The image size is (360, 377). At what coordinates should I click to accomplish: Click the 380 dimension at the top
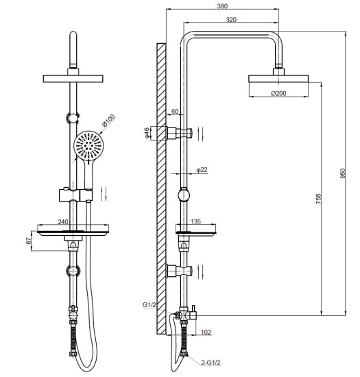(x=221, y=6)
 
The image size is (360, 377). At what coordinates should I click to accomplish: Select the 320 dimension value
(x=231, y=20)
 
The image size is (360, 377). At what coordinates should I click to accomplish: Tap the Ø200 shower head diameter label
(x=278, y=93)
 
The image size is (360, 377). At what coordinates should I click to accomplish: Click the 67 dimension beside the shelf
(x=28, y=241)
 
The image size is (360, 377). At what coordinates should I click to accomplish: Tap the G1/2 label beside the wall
(x=149, y=304)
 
